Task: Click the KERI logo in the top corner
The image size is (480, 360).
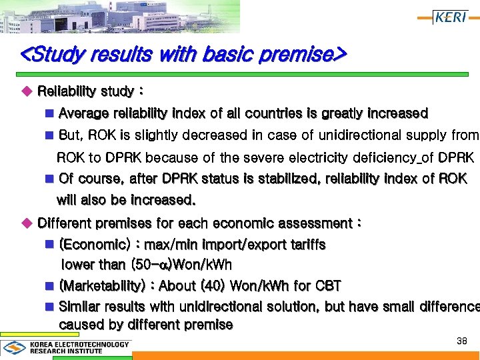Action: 451,17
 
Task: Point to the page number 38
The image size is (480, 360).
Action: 461,341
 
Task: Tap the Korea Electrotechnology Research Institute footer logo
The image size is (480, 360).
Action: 66,347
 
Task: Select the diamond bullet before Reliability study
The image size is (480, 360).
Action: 27,91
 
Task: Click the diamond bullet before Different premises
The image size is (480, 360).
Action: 27,223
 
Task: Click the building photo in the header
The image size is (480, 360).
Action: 120,16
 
